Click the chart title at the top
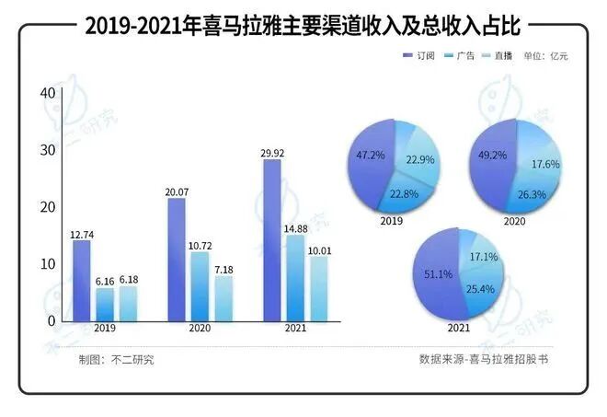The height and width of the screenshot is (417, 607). tap(303, 27)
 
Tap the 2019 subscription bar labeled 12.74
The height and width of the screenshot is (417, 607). tap(82, 281)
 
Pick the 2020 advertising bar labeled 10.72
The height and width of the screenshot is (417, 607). tap(200, 286)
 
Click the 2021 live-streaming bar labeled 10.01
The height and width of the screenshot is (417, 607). tap(317, 289)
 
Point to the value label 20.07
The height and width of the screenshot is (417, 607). tap(177, 191)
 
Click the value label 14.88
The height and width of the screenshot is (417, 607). tap(295, 228)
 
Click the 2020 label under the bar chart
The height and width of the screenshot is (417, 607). tap(200, 330)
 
